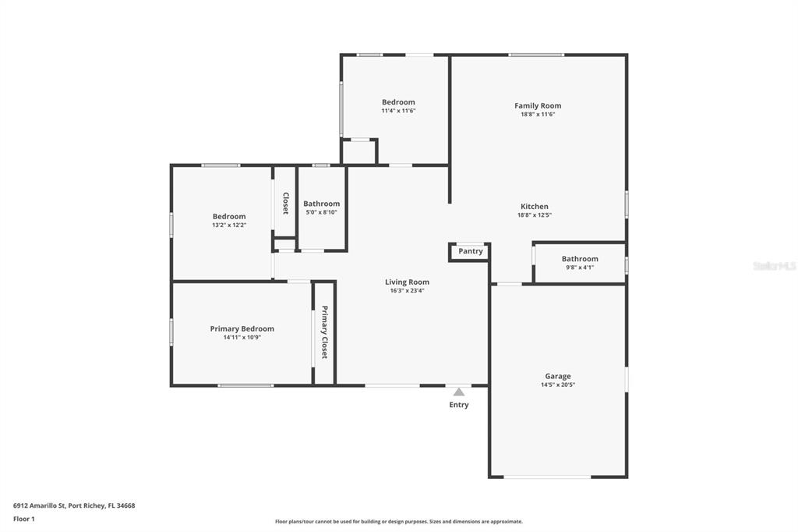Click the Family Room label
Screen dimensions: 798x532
(538, 105)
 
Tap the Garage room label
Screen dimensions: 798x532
(558, 376)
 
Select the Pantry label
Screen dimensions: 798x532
(470, 251)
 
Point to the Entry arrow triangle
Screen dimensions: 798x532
(459, 392)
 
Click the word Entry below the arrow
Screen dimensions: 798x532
(458, 405)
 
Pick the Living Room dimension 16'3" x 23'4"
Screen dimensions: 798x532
(407, 290)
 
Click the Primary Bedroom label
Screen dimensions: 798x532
(242, 328)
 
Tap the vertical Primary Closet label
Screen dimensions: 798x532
(324, 332)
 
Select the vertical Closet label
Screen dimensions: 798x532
(285, 203)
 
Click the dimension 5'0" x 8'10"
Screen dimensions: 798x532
(321, 212)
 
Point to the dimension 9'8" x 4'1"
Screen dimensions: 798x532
(580, 267)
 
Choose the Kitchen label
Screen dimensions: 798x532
(535, 207)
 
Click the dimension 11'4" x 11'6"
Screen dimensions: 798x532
(398, 111)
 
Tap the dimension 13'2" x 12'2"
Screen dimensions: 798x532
(229, 225)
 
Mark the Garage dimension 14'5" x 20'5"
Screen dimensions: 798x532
(558, 385)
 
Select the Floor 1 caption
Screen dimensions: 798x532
(24, 519)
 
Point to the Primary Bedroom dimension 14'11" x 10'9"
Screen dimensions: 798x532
(242, 337)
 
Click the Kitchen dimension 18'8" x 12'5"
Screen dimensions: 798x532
(535, 215)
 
